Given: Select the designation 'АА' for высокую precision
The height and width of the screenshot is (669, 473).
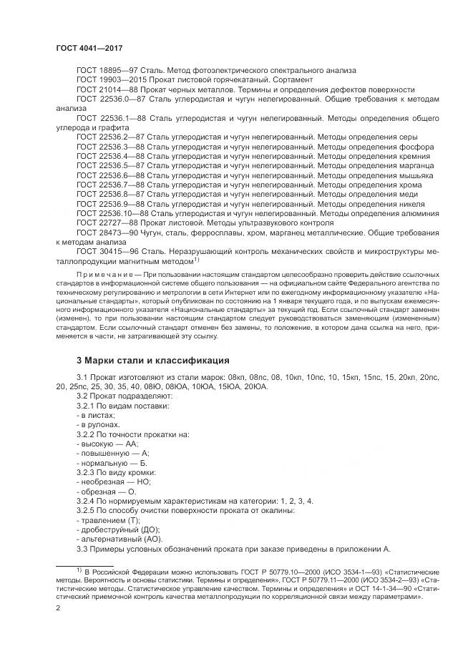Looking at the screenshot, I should (x=130, y=444).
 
